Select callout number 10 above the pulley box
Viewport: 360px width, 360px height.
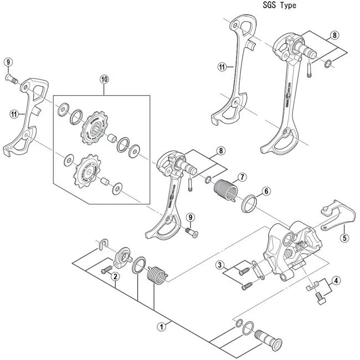click(x=104, y=79)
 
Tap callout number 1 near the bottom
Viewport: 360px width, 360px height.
click(x=162, y=327)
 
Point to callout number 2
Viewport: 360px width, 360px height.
click(x=115, y=276)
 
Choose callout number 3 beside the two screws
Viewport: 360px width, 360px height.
click(x=220, y=265)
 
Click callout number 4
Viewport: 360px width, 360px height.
click(x=336, y=280)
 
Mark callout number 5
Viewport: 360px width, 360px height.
click(x=344, y=239)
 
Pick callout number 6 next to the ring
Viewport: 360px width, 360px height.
click(x=266, y=191)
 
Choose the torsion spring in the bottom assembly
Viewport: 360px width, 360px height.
click(x=158, y=274)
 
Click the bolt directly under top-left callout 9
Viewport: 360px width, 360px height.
click(x=13, y=80)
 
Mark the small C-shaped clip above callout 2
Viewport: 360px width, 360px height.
click(x=102, y=243)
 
